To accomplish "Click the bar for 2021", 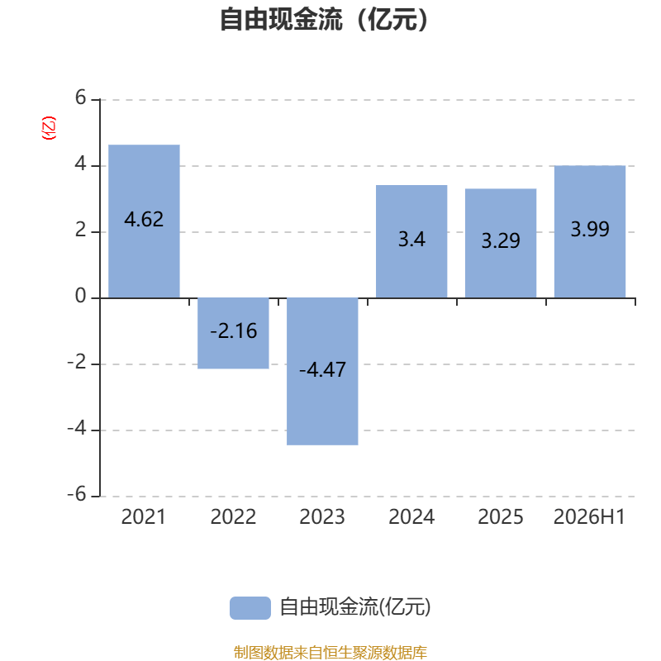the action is click(144, 221).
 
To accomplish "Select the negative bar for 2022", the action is click(233, 334).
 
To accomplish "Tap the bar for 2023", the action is click(322, 371).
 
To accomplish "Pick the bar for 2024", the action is click(411, 241).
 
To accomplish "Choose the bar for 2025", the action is click(501, 243).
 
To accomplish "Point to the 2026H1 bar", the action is click(590, 232).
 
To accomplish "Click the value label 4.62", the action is click(144, 220).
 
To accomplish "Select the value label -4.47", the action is click(322, 369).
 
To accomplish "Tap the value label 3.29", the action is click(501, 240).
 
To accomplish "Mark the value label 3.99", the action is click(590, 229).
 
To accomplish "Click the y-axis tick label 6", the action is click(80, 97).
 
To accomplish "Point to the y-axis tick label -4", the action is click(77, 428).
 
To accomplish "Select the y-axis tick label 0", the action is click(80, 296).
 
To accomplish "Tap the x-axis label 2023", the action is click(322, 517).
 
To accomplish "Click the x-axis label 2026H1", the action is click(589, 517).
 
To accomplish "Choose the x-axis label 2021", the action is click(144, 517).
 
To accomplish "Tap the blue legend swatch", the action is click(250, 608).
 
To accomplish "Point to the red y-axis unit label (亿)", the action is click(49, 128).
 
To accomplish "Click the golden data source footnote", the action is click(330, 652).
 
